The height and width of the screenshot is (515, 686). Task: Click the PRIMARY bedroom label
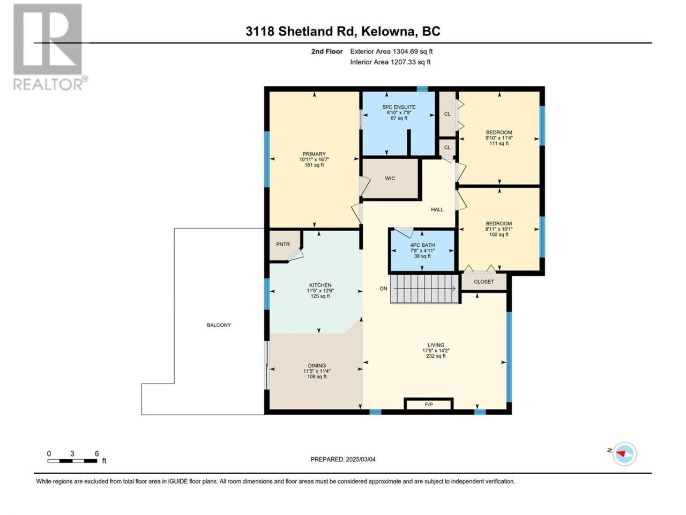pyautogui.click(x=314, y=154)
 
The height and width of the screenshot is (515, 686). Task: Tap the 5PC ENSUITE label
pyautogui.click(x=399, y=107)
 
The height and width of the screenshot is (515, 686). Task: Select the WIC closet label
pyautogui.click(x=390, y=178)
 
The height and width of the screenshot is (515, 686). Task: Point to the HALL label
pyautogui.click(x=437, y=210)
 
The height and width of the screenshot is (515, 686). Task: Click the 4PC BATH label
pyautogui.click(x=422, y=245)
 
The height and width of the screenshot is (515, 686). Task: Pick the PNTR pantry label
pyautogui.click(x=283, y=244)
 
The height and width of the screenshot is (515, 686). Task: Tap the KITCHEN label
pyautogui.click(x=320, y=285)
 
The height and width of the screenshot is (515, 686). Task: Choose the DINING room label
pyautogui.click(x=317, y=365)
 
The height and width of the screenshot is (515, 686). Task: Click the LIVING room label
pyautogui.click(x=436, y=345)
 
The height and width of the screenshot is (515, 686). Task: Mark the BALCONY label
pyautogui.click(x=219, y=325)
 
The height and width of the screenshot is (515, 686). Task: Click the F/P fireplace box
pyautogui.click(x=428, y=404)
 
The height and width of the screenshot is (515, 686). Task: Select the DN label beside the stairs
pyautogui.click(x=384, y=289)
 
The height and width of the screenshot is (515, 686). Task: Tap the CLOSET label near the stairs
pyautogui.click(x=483, y=282)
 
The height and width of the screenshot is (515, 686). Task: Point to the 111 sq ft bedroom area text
pyautogui.click(x=499, y=144)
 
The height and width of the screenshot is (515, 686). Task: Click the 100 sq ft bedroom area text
pyautogui.click(x=498, y=234)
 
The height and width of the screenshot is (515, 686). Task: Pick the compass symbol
pyautogui.click(x=624, y=454)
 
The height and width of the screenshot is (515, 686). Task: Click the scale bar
pyautogui.click(x=72, y=461)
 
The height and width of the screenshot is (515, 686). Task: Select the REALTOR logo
pyautogui.click(x=49, y=47)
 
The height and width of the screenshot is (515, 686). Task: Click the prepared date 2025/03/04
pyautogui.click(x=361, y=459)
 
